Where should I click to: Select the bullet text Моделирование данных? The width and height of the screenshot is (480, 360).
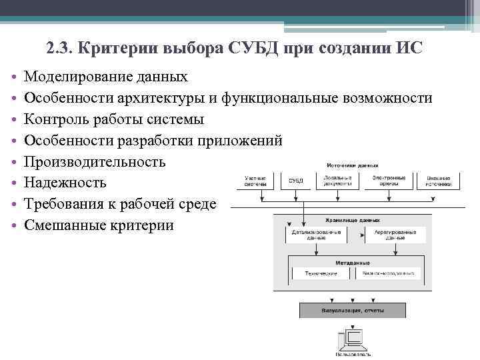click(106, 77)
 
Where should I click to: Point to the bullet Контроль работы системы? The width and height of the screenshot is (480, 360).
click(114, 120)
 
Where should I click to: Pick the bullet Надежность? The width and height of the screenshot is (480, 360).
click(65, 183)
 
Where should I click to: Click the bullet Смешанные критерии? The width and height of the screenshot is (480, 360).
click(99, 225)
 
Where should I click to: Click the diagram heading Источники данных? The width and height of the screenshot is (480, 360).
click(353, 164)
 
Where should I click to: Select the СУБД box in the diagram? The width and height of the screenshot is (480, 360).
click(295, 181)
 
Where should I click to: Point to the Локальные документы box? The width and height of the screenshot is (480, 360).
click(338, 181)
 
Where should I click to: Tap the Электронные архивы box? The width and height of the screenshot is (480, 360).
click(389, 181)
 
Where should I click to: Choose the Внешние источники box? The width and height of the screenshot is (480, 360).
click(438, 181)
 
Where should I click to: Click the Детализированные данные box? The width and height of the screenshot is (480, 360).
click(316, 235)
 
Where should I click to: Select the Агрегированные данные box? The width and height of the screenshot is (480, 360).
click(391, 235)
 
